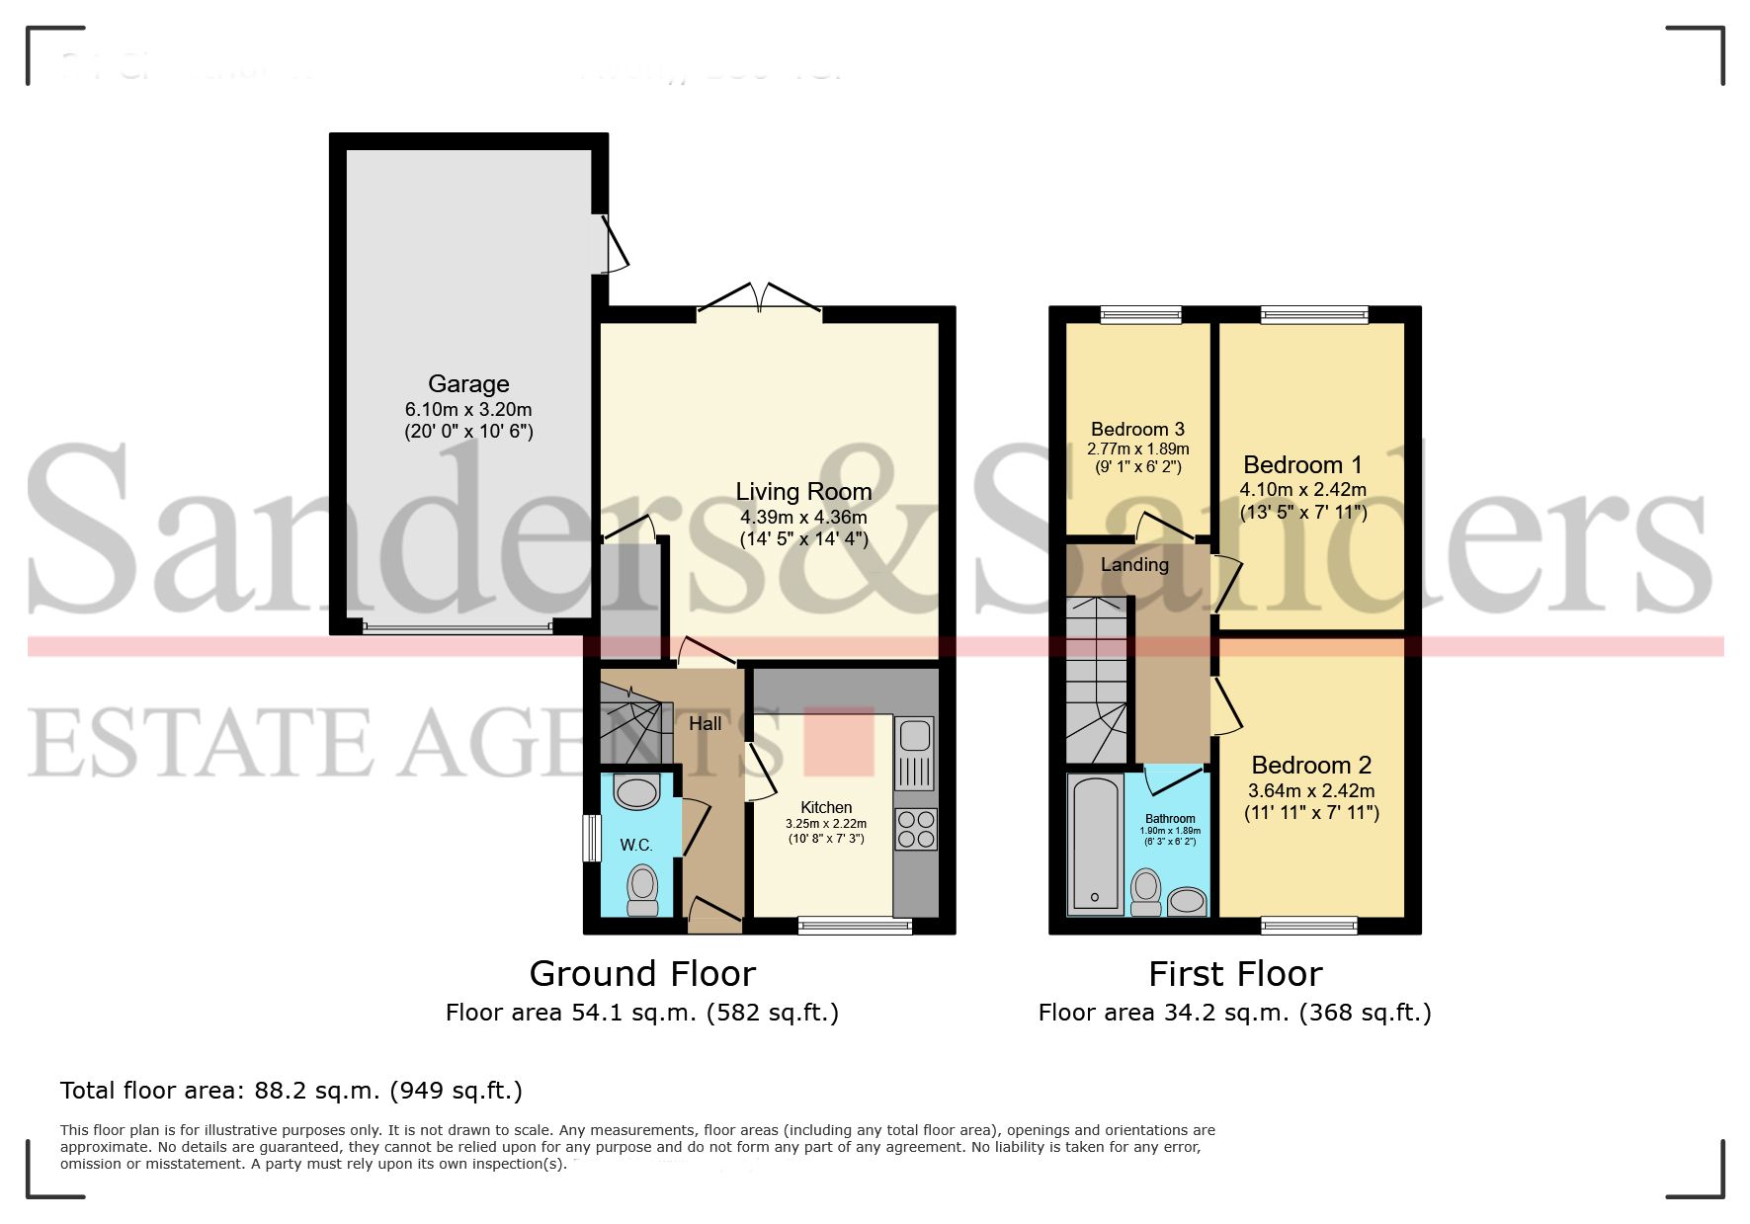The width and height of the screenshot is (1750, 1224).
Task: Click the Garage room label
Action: pyautogui.click(x=468, y=383)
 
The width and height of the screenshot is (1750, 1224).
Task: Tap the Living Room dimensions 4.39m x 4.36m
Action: pyautogui.click(x=803, y=517)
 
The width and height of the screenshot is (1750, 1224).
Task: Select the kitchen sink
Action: pyautogui.click(x=914, y=736)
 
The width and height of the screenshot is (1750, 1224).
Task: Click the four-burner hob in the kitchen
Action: pyautogui.click(x=915, y=829)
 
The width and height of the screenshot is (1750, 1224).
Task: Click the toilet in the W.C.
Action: pyautogui.click(x=642, y=890)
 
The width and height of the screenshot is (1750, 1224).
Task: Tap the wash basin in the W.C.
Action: pyautogui.click(x=636, y=791)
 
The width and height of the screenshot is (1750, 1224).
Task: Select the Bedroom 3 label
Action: pyautogui.click(x=1137, y=429)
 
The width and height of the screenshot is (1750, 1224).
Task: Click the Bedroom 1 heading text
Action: pyautogui.click(x=1302, y=464)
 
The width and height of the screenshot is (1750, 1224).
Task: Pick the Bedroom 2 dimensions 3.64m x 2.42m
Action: pyautogui.click(x=1311, y=790)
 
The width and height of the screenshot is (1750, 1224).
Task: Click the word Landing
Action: pyautogui.click(x=1134, y=564)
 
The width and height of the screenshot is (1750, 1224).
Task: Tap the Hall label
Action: pyautogui.click(x=705, y=723)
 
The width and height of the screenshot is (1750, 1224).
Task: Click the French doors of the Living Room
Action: pyautogui.click(x=759, y=300)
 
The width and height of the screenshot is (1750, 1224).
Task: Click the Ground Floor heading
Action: pyautogui.click(x=642, y=974)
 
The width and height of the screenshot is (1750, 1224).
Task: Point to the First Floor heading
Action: pyautogui.click(x=1234, y=974)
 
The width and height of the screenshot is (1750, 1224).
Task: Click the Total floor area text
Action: pyautogui.click(x=291, y=1091)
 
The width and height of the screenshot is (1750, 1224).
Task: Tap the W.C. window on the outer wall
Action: pyautogui.click(x=591, y=838)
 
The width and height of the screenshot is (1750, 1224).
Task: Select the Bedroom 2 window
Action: pyautogui.click(x=1308, y=926)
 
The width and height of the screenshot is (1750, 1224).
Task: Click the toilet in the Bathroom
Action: pyautogui.click(x=1146, y=891)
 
